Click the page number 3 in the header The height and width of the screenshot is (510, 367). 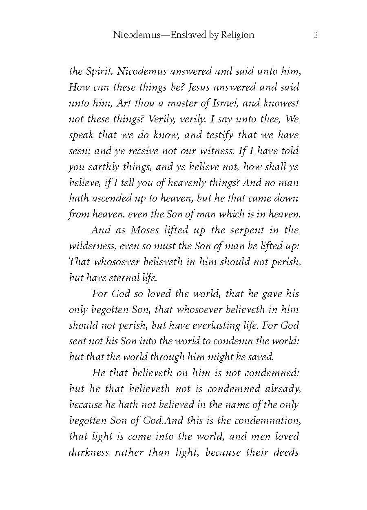315,35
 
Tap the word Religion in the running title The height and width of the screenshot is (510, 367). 237,35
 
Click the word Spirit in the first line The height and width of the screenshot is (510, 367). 98,71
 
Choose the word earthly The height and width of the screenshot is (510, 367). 103,167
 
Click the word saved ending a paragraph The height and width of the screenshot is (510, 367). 261,358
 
